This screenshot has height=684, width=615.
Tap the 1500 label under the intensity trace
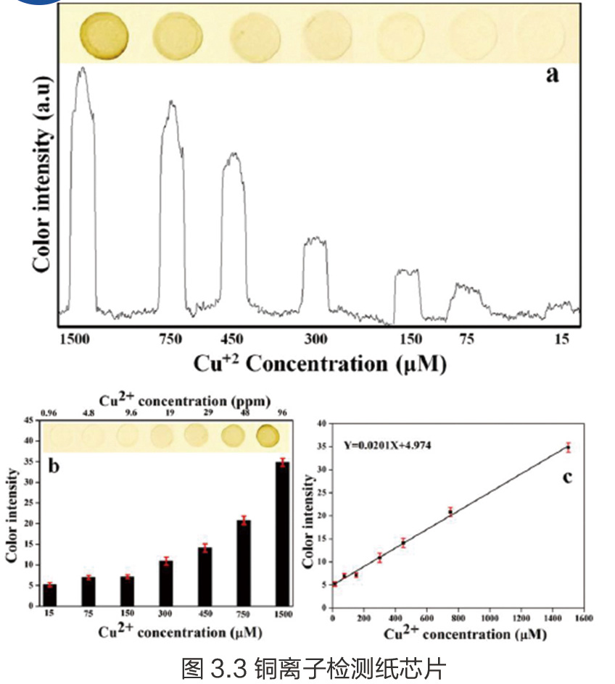click(75, 339)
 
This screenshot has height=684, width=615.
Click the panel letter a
click(553, 74)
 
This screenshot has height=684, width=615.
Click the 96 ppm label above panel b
click(280, 413)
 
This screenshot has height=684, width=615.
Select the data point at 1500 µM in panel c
click(569, 447)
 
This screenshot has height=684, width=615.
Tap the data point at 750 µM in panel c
click(450, 512)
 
